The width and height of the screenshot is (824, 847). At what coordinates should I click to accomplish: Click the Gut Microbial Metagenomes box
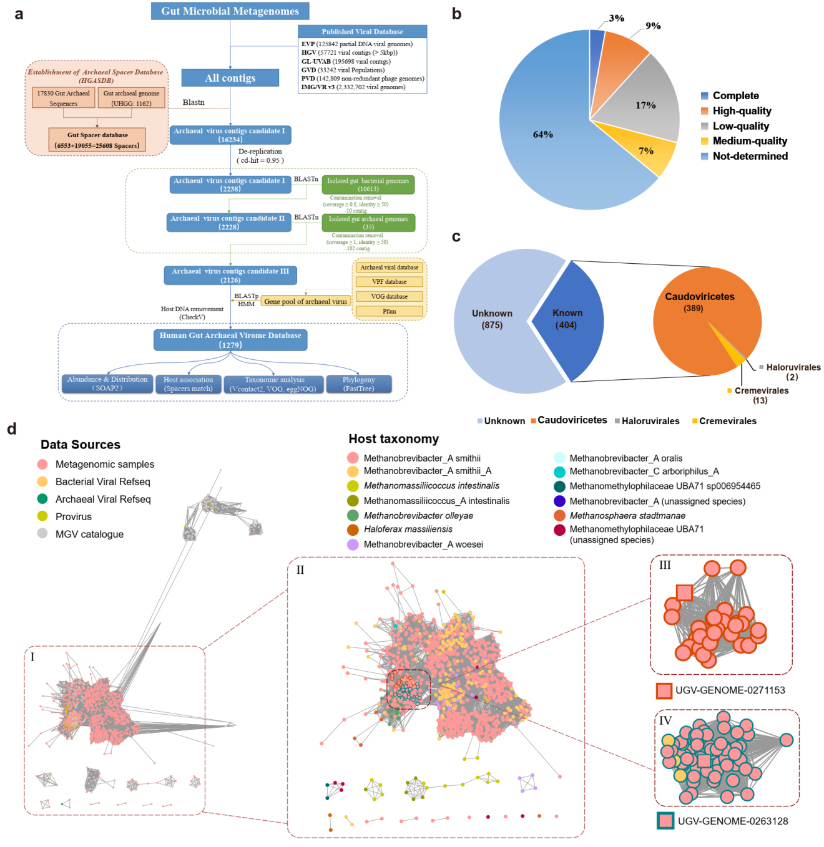tap(230, 11)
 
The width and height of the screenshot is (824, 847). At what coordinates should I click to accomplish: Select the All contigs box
tap(230, 78)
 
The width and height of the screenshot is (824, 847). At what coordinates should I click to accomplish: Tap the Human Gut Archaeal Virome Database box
tap(230, 340)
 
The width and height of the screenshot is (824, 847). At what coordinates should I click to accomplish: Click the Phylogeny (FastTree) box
tap(358, 384)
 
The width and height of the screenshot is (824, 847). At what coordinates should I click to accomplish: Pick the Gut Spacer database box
tap(97, 140)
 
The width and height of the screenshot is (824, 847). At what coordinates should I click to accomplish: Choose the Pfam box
tap(390, 311)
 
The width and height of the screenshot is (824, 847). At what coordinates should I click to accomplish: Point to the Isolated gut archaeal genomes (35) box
tap(368, 223)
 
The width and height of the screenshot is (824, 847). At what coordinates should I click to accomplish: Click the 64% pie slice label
tap(542, 135)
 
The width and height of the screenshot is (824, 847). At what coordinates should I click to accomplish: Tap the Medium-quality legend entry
tap(749, 141)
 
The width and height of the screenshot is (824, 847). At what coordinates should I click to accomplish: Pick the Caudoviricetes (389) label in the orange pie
tap(699, 302)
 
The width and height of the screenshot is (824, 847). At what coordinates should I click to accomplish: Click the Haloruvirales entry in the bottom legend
tap(650, 421)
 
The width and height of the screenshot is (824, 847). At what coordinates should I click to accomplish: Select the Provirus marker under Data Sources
tap(42, 516)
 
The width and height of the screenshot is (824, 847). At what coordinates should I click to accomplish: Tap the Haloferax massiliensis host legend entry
tap(408, 530)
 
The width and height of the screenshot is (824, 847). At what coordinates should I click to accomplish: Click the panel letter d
tap(12, 429)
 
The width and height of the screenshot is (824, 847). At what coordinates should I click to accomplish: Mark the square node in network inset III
tap(684, 593)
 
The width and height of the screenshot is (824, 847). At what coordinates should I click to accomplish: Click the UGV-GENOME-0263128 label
tap(732, 821)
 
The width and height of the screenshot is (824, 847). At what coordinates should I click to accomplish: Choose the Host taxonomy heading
tap(393, 439)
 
